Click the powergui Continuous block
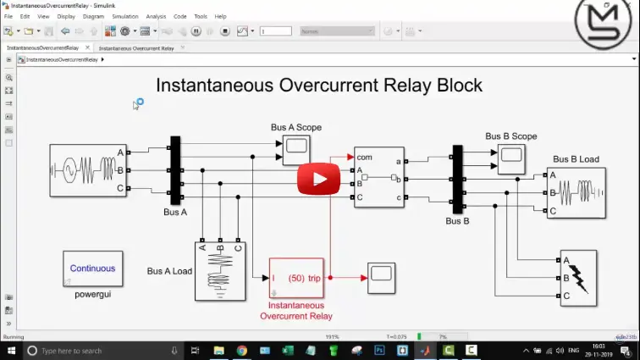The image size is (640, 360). point(92,269)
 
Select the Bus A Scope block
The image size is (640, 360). point(295,149)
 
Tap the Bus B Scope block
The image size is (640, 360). point(510,154)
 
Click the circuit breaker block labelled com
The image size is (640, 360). point(378,176)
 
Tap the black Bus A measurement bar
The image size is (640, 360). point(175,170)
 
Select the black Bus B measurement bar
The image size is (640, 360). point(457,180)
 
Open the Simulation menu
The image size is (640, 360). point(124,16)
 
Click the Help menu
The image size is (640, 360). point(220,16)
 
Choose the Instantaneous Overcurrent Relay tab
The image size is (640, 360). point(136,48)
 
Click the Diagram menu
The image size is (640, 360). point(94,16)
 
